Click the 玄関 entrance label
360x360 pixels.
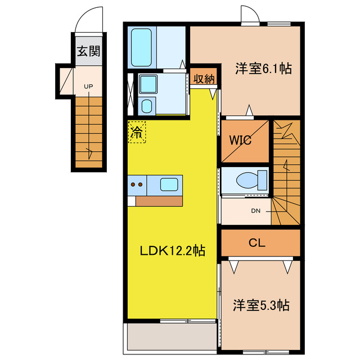(x=89, y=51)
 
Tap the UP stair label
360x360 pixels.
(x=88, y=87)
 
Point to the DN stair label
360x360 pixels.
(x=256, y=211)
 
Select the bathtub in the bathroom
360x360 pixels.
(x=141, y=47)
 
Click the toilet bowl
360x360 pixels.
(x=247, y=180)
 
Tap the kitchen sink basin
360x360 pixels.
(x=169, y=184)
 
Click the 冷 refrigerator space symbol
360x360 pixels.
(x=137, y=132)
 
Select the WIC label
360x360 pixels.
(x=240, y=140)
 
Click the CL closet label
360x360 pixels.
(x=257, y=242)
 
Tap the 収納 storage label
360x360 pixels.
(x=204, y=79)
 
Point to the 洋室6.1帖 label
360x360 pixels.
(x=263, y=68)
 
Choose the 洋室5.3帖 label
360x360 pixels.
(x=261, y=305)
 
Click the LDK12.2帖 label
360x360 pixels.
(x=173, y=250)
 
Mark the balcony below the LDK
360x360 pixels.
(x=172, y=336)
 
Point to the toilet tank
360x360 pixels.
(x=263, y=180)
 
